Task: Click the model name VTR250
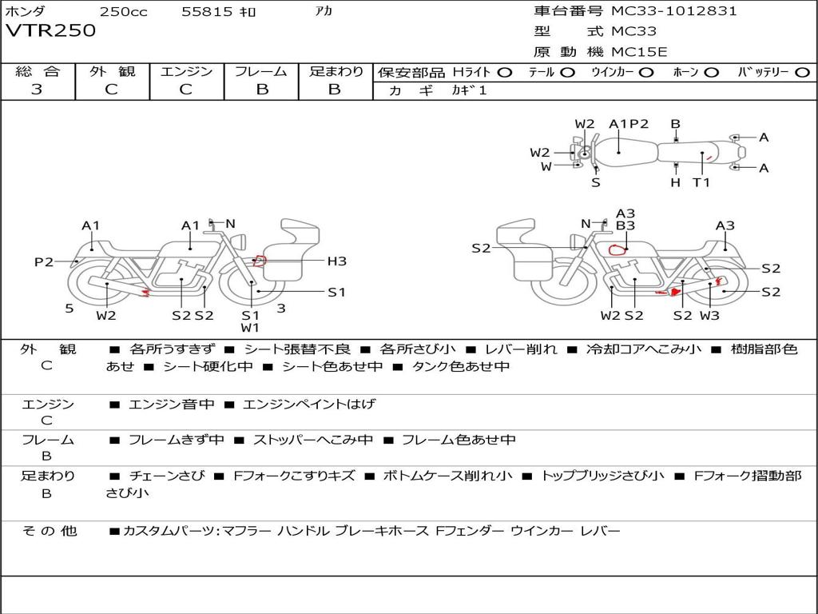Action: [x=50, y=30]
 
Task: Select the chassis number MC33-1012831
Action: [x=674, y=10]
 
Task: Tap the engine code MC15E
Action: [x=639, y=52]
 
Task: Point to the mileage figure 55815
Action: [x=207, y=11]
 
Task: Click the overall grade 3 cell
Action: [x=37, y=90]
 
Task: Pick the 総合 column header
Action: [x=38, y=71]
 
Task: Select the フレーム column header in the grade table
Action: [x=261, y=71]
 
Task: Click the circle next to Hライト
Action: [x=505, y=73]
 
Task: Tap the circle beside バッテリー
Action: [x=803, y=73]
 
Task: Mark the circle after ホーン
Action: [x=711, y=73]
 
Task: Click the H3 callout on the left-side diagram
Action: [x=336, y=261]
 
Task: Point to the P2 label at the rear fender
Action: [x=44, y=261]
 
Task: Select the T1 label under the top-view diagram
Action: [x=701, y=182]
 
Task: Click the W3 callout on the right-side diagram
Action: [x=709, y=315]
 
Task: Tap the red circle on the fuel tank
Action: [x=617, y=249]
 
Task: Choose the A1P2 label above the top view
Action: [x=629, y=124]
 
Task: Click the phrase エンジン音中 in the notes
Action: [x=171, y=404]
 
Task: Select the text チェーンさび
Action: [x=167, y=476]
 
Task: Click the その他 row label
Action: [x=50, y=531]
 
